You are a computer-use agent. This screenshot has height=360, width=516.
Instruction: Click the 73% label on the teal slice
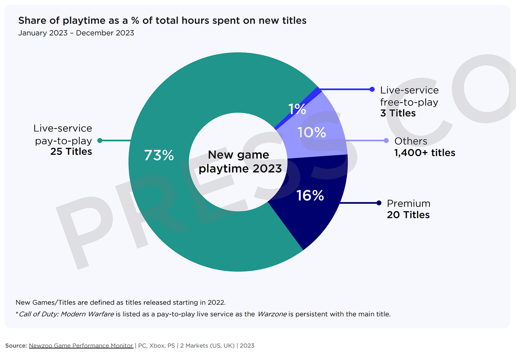coord(159,155)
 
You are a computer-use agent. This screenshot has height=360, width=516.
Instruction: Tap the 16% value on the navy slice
coord(310,196)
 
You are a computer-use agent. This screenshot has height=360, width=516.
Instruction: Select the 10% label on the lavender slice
coord(312,133)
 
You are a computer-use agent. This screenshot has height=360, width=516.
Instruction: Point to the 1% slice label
coord(297,109)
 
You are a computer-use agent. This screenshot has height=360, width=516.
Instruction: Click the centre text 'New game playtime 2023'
coord(240,162)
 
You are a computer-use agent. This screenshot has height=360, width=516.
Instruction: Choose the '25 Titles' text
coord(71,152)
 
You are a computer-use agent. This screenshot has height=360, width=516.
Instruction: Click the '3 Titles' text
coord(398,113)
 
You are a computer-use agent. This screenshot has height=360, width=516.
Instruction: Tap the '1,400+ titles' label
coord(425,153)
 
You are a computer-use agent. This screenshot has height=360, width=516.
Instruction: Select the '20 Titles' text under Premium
coord(408,215)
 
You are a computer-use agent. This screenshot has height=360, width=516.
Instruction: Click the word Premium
coord(408,203)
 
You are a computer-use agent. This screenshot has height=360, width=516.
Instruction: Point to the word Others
coord(411,141)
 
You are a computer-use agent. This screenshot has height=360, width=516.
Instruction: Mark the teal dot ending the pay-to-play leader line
coord(100,141)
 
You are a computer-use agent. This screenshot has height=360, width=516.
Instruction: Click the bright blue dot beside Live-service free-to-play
coord(372,89)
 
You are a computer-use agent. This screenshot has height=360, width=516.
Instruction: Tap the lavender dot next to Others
coord(386,141)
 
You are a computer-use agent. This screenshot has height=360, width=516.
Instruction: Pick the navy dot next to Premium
coord(379,203)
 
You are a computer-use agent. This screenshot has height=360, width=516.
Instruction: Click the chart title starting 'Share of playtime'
coord(162,21)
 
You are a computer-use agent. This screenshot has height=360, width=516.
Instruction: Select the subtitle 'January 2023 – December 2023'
coord(76,33)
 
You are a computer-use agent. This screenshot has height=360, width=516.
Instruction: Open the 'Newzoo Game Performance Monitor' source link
coord(81,345)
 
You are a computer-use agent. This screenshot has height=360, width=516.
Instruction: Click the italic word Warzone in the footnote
coord(272,314)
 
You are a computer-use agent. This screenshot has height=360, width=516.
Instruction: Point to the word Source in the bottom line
coord(16,345)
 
